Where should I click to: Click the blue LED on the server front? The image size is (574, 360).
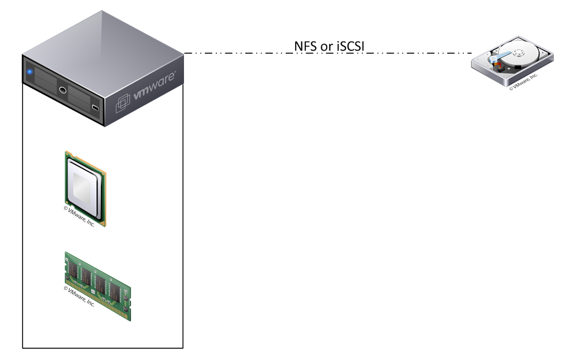click(x=30, y=72)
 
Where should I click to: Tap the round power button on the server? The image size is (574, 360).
click(x=63, y=90)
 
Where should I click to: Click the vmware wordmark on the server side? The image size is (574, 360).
click(x=154, y=86)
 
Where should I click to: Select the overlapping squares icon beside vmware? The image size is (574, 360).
click(x=123, y=103)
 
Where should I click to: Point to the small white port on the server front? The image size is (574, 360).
click(x=95, y=107)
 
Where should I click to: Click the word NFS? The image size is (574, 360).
click(x=305, y=46)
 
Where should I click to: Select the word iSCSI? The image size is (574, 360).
click(x=350, y=46)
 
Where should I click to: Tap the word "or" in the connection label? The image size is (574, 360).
click(x=326, y=47)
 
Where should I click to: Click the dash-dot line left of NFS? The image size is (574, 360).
click(x=239, y=53)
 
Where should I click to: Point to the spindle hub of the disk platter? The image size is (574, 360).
click(x=518, y=53)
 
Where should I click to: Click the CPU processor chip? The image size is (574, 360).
click(x=85, y=188)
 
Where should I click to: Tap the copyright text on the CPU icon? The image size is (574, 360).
click(x=79, y=216)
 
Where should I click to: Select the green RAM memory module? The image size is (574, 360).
click(x=98, y=286)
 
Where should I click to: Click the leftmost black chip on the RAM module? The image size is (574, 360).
click(x=74, y=270)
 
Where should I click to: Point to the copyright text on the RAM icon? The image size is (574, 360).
click(x=79, y=296)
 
